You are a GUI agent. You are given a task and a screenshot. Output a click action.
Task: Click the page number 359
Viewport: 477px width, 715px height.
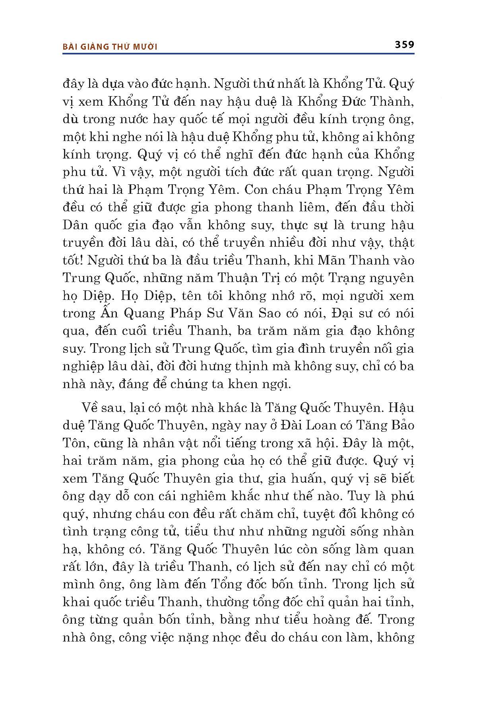(404, 44)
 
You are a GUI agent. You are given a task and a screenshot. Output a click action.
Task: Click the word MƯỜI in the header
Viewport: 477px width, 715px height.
(145, 47)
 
